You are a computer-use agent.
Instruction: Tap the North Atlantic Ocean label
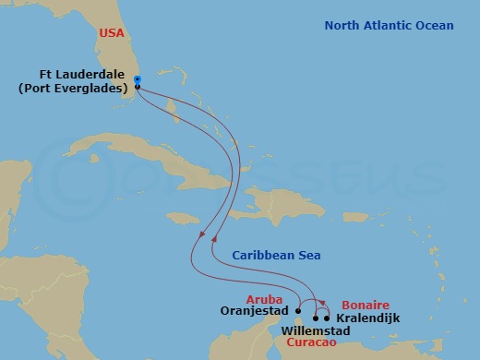coord(389,25)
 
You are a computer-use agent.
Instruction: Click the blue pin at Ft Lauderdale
coord(137,80)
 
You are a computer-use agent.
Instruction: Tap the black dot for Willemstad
coord(316,318)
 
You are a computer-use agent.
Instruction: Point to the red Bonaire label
coord(365,305)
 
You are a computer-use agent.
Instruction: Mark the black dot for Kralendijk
coord(327,318)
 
